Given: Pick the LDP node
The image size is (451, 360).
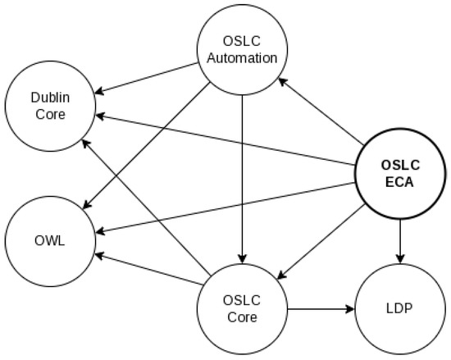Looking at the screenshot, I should point(399,309).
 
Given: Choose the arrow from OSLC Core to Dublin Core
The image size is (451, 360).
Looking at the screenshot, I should point(148,209).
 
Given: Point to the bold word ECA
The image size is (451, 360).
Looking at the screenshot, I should point(399,182).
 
